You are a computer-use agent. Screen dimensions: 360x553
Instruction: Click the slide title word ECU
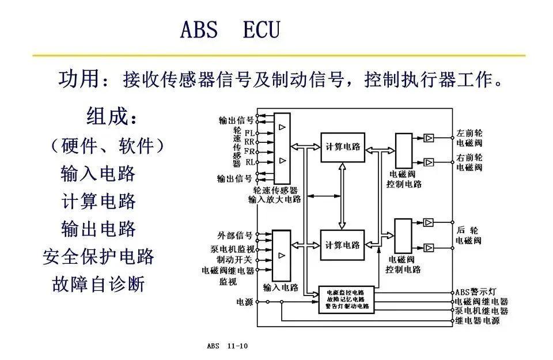point(262,30)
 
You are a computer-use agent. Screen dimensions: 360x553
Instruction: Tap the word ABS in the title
point(199,30)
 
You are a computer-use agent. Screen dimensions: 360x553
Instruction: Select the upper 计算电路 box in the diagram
point(343,147)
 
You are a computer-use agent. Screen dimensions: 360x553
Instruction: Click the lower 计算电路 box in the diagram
point(343,245)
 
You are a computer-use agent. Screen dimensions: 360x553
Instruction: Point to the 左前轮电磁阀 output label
point(469,137)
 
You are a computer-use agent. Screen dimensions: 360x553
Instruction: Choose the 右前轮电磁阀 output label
point(469,162)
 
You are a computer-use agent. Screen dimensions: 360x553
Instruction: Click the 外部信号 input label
point(235,236)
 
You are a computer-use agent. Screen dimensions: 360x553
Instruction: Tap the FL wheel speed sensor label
point(249,132)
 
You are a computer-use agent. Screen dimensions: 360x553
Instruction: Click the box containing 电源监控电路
point(346,300)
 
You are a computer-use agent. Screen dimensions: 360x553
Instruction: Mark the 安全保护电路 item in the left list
point(99,256)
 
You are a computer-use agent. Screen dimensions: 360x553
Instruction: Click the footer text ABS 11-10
point(227,346)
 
